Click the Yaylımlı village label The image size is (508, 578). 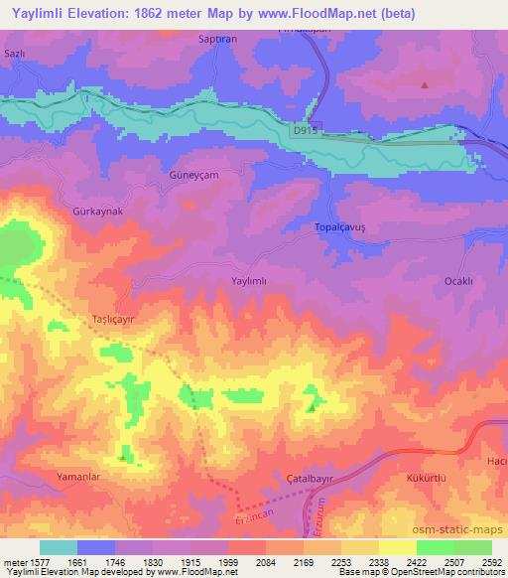[250, 282]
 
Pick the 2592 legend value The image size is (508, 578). [491, 562]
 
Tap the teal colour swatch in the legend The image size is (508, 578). [58, 547]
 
